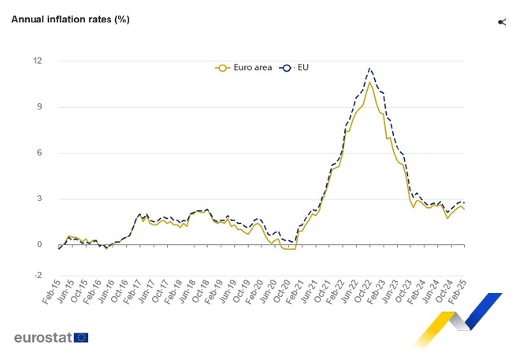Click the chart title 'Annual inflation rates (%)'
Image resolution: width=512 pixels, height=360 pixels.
(x=70, y=19)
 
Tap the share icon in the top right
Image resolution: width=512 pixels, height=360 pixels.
(x=501, y=21)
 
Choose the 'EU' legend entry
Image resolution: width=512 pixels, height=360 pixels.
(x=296, y=68)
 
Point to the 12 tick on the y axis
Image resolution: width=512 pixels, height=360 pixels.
(x=38, y=61)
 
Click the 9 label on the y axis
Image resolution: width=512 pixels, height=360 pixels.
(x=39, y=107)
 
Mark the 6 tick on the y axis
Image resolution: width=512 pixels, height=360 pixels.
(x=39, y=153)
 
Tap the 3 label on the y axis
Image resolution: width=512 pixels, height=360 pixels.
(x=39, y=199)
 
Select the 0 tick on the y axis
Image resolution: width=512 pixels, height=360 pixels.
(x=39, y=245)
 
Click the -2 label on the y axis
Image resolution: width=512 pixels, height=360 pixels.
(x=38, y=276)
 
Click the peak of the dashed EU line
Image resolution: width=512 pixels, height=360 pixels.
(x=370, y=68)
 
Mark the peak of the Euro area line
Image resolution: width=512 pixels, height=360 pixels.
(x=369, y=82)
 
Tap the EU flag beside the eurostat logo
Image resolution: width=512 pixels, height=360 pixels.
(x=81, y=337)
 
